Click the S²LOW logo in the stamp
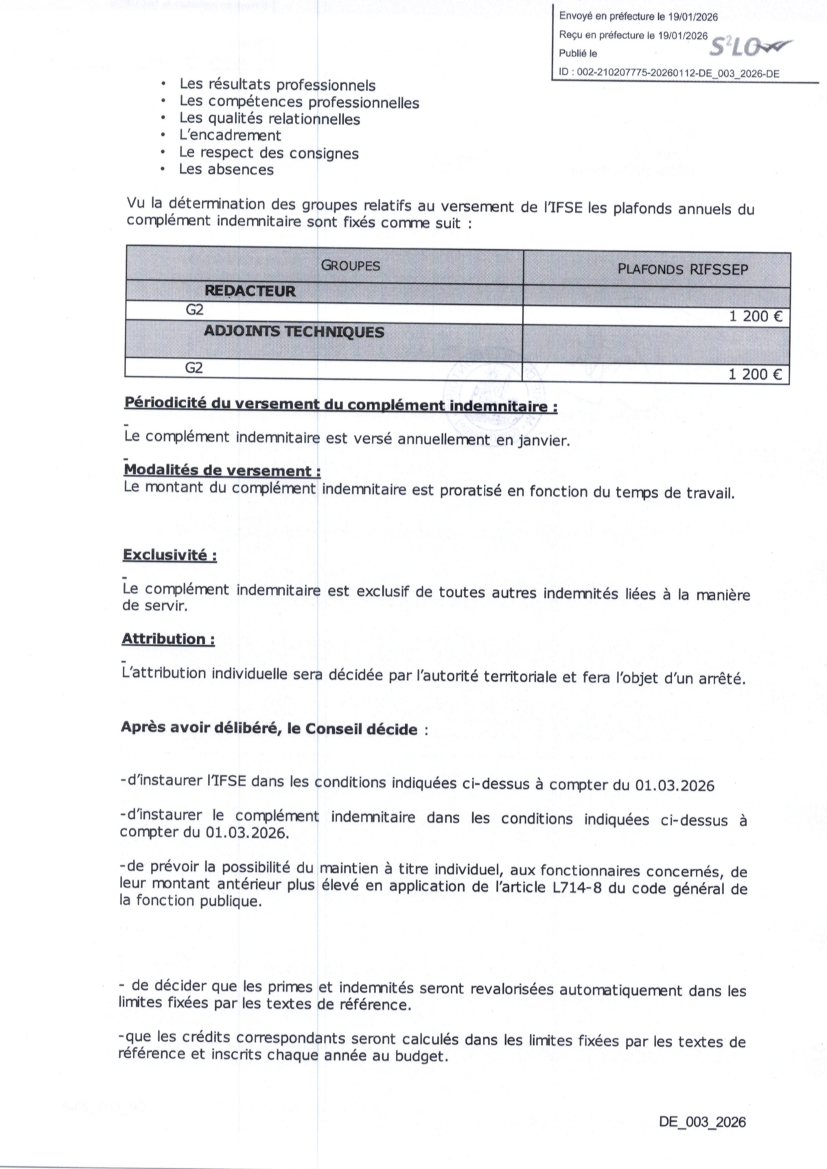point(750,47)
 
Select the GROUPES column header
point(350,266)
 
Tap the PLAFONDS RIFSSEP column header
point(682,269)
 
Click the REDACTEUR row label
point(250,291)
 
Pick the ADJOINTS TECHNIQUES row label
point(294,332)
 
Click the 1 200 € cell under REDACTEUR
point(755,317)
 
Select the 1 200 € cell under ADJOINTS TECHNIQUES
point(755,375)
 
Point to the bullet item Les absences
point(226,170)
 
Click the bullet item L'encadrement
point(230,136)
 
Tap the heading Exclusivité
point(170,555)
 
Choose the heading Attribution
point(168,639)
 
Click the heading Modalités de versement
point(222,471)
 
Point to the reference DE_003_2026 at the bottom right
point(701,1122)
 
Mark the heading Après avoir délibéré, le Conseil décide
point(269,728)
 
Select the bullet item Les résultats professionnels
point(277,85)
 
